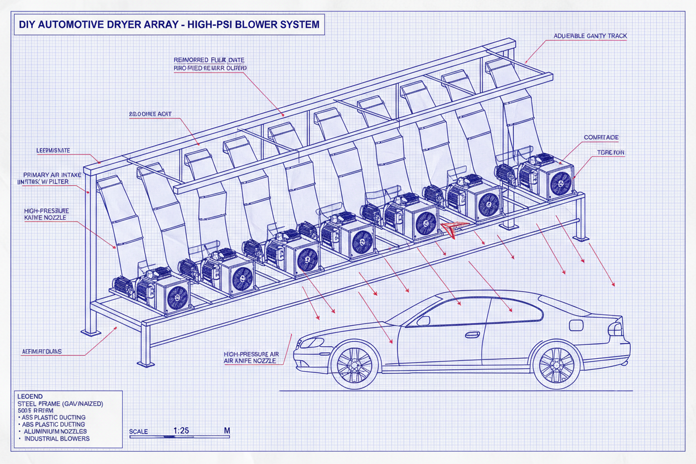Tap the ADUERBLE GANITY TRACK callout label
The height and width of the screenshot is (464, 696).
[x=590, y=36]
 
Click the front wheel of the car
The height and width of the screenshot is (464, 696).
[x=355, y=365]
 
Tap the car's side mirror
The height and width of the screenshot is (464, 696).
[x=423, y=321]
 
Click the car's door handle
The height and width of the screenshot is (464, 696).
[x=472, y=335]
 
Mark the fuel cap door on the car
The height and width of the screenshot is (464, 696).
[x=576, y=325]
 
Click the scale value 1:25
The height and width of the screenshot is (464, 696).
[x=181, y=431]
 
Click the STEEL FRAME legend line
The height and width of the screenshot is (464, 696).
[x=60, y=403]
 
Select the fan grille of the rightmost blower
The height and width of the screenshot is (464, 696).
[x=560, y=182]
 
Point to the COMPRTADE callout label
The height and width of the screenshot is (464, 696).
[x=601, y=137]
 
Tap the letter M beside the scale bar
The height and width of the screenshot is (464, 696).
[x=226, y=431]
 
